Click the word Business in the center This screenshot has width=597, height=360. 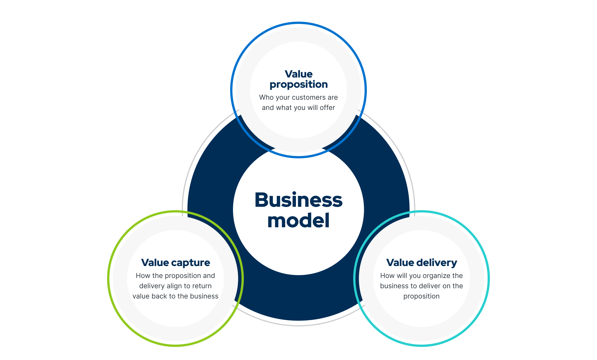[298, 200]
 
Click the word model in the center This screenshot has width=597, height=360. [298, 221]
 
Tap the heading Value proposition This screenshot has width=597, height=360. [298, 79]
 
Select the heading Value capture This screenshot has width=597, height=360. [175, 263]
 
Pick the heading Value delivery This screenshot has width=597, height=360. [422, 263]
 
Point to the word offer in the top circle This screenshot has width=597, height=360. [327, 108]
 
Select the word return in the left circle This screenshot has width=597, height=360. [202, 286]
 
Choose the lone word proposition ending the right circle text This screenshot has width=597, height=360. [422, 296]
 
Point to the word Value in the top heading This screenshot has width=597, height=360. [298, 74]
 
